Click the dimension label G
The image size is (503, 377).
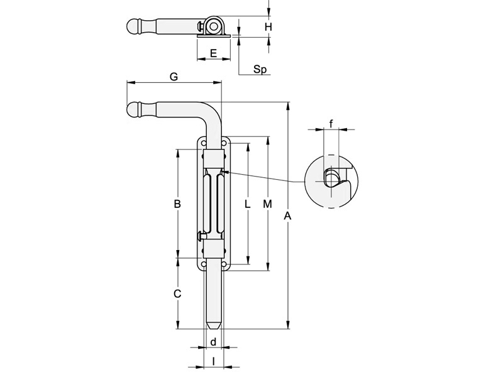(174, 76)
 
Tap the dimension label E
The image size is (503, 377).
(213, 53)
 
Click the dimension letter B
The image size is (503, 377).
(177, 204)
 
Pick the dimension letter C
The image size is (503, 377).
(177, 293)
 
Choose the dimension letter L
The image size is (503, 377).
(248, 204)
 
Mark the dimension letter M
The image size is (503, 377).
(267, 204)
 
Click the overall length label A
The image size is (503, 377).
(288, 216)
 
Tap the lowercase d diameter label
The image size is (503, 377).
(214, 342)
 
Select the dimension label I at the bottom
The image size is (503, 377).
(214, 361)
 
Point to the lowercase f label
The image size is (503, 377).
(331, 124)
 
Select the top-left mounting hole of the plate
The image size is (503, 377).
(204, 144)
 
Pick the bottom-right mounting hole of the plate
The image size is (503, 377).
(224, 264)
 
